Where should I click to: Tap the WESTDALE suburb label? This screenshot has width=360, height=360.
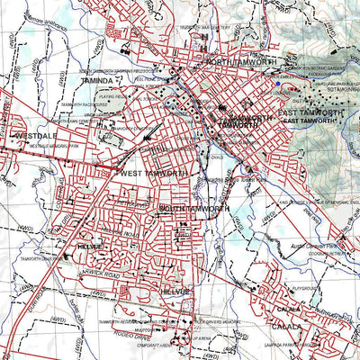tap(35, 136)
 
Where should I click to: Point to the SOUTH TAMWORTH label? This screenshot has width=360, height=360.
tap(193, 209)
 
